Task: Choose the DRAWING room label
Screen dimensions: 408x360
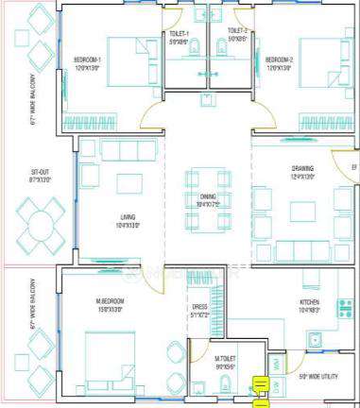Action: point(302,169)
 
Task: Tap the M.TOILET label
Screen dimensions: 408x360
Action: point(224,358)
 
